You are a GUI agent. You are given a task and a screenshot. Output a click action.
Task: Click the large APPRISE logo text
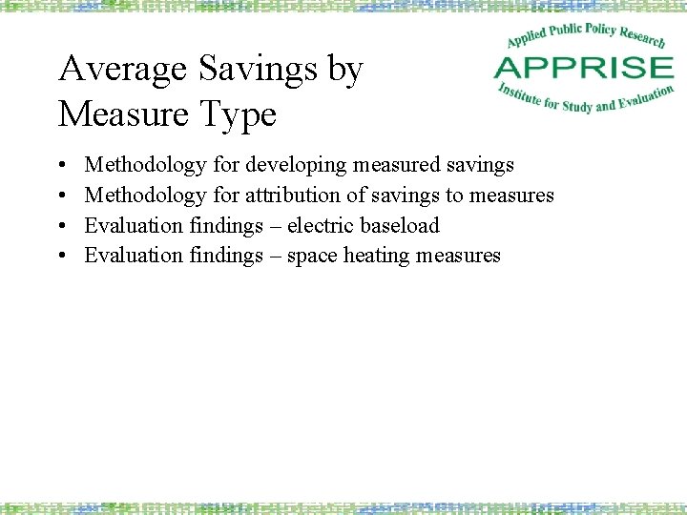(x=583, y=69)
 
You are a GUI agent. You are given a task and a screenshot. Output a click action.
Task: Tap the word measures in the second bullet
(x=511, y=196)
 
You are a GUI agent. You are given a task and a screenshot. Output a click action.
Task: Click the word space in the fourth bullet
(x=311, y=256)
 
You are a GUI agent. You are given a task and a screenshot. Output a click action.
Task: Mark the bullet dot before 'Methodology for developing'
(x=62, y=166)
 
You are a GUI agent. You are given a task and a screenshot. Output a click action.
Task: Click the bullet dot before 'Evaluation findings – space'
(x=62, y=257)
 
